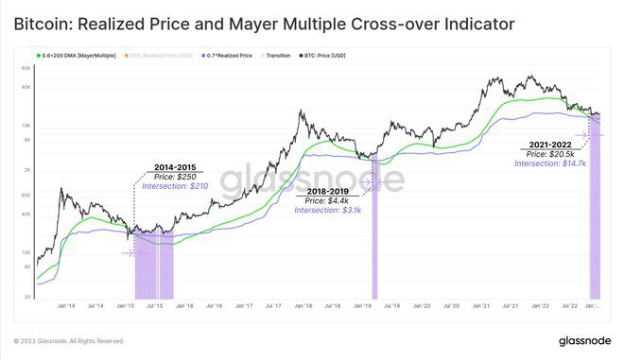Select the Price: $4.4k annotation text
click(x=326, y=200)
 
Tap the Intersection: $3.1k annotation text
click(x=326, y=210)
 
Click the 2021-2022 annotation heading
click(x=550, y=145)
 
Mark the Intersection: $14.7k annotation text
click(x=550, y=163)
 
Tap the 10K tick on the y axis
click(x=27, y=125)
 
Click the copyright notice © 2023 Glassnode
click(x=69, y=341)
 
